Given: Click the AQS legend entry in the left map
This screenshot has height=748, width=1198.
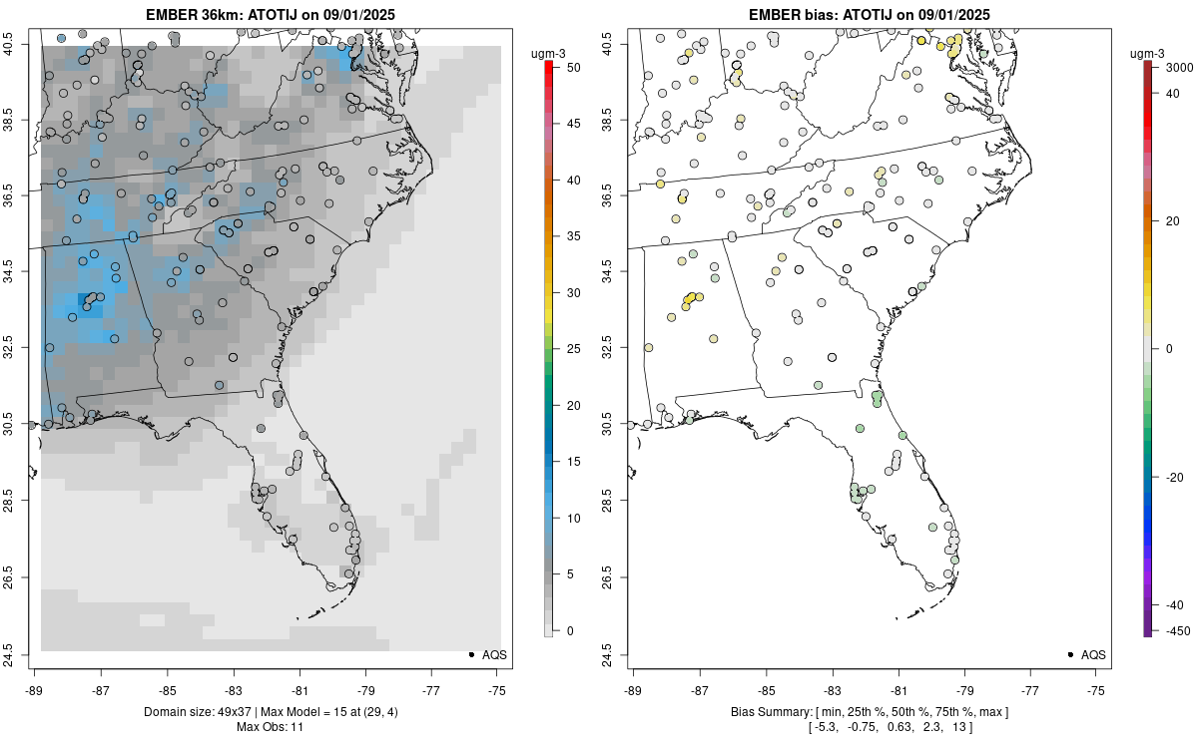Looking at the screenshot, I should tap(489, 654).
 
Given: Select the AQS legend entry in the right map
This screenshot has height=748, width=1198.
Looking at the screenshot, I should tap(1088, 654).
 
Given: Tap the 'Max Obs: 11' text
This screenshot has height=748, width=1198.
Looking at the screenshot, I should tap(269, 727).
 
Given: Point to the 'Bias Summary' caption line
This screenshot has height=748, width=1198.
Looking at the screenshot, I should tap(868, 712).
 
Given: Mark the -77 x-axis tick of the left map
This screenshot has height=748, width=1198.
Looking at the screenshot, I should tap(431, 689).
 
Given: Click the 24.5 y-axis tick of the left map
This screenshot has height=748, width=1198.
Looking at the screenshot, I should tap(21, 654).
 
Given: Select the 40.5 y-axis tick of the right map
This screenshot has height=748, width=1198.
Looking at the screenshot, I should tap(620, 45).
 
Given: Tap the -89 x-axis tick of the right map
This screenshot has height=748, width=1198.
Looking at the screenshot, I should tap(633, 689).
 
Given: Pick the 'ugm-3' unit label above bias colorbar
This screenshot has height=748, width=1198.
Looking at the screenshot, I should tap(1153, 52).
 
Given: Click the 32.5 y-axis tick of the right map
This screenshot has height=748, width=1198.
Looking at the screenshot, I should tap(620, 349).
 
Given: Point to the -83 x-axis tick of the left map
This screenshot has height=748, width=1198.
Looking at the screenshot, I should tap(233, 689).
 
